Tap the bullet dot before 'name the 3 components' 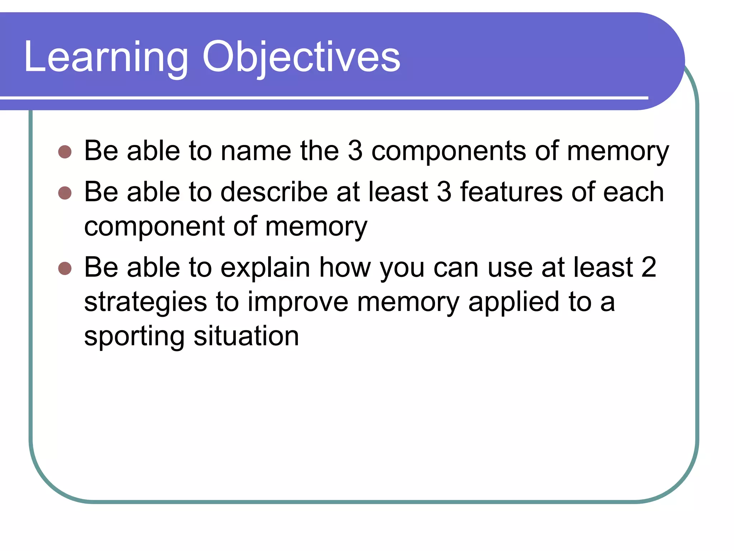click(x=65, y=152)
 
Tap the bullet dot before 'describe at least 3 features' click(x=65, y=193)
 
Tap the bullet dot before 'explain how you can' click(x=65, y=268)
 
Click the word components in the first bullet click(x=448, y=151)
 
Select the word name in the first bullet click(x=256, y=151)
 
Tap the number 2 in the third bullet click(x=649, y=268)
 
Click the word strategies click(x=146, y=302)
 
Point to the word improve click(x=298, y=302)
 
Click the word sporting click(x=134, y=336)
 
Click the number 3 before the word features click(x=444, y=192)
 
